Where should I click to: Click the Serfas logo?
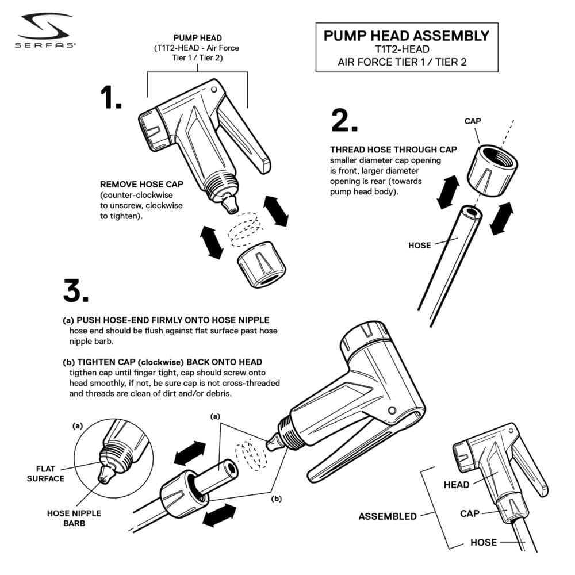coord(45,32)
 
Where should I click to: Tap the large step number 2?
coord(344,120)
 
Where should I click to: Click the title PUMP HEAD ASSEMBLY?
coord(407,36)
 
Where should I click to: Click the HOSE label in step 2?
coord(419,246)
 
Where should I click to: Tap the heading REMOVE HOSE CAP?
coord(141,185)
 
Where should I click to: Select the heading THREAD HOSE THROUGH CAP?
coord(393,149)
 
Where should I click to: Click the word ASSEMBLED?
coord(388,516)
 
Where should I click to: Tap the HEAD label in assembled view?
coord(457,485)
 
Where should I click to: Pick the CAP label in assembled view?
coord(470,513)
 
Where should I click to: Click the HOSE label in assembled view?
coord(484,542)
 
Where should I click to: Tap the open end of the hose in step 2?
coord(472,213)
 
